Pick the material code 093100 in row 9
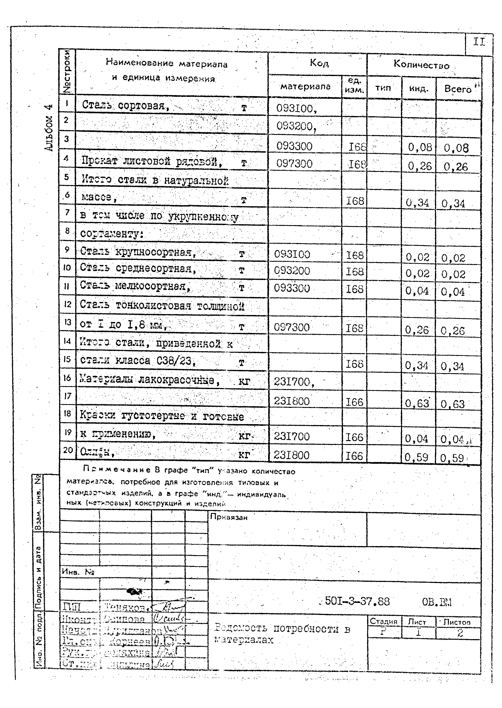click(292, 254)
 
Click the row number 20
click(67, 450)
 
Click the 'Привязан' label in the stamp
click(228, 517)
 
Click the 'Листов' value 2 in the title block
click(460, 633)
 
